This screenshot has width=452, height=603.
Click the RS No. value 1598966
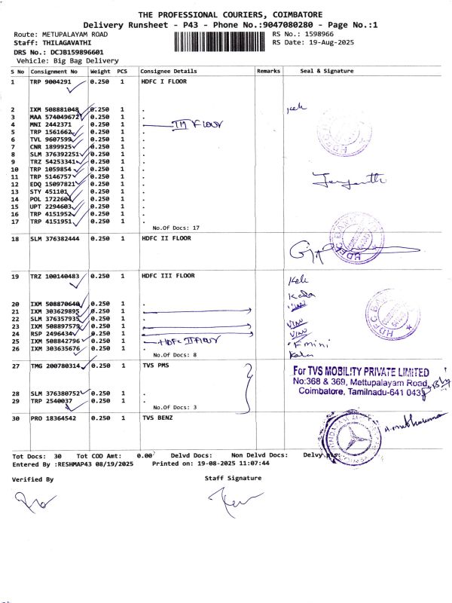318,34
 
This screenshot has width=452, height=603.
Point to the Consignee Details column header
169,71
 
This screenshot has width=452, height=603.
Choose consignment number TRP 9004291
50,81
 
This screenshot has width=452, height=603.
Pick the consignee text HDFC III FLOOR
168,276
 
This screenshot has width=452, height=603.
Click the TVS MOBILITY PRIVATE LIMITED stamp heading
361,372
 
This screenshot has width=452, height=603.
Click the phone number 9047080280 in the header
279,25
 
